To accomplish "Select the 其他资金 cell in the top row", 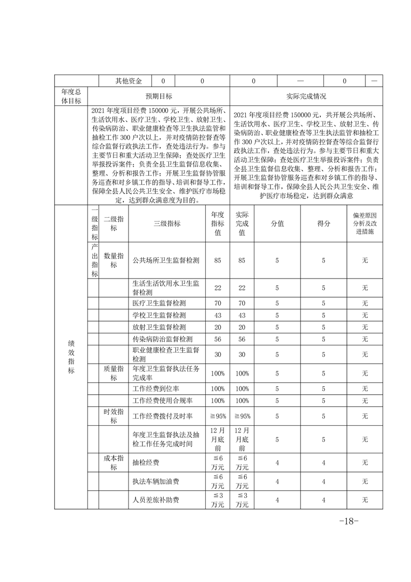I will (x=129, y=81).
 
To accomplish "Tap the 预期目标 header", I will (x=159, y=96).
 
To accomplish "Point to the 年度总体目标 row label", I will (x=71, y=96).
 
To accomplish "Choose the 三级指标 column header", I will (x=167, y=224).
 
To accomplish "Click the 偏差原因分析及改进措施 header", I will (x=364, y=224).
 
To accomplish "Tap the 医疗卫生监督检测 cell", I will (x=159, y=302).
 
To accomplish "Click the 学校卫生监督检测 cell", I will (x=159, y=315).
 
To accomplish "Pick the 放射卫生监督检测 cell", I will (x=159, y=327).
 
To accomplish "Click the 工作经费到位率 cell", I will (x=156, y=389).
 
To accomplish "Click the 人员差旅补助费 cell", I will (x=156, y=500).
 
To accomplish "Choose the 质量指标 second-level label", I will (x=114, y=372).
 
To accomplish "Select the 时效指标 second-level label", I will (x=114, y=415).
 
